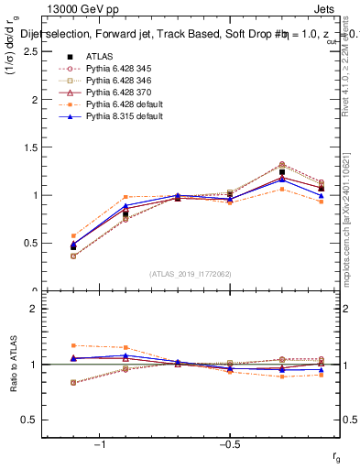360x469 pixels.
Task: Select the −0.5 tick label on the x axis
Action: click(x=228, y=444)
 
